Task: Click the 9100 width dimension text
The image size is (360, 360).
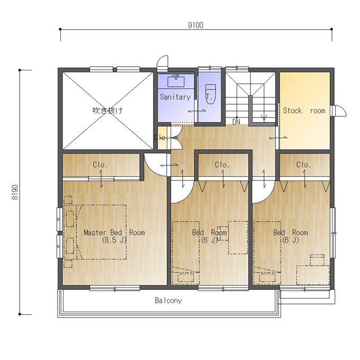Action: coord(195,25)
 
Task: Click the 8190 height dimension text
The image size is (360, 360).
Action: coord(15,192)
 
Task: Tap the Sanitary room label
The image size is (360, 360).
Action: coord(175,97)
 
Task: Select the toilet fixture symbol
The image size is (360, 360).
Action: coord(211,94)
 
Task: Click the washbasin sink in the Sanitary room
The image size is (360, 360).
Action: coord(176,80)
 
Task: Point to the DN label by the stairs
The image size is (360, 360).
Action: coord(236,122)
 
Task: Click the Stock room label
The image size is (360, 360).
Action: coord(304,111)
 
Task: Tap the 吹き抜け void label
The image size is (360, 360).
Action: coord(107,111)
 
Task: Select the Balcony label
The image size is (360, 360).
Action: coord(168,300)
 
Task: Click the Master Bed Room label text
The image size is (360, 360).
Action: coord(114,232)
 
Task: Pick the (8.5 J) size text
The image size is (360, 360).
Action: coord(114,240)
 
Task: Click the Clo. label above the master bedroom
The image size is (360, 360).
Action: coord(100,165)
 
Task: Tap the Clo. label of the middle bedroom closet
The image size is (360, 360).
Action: coord(222,165)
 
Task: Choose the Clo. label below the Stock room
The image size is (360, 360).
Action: coord(303,165)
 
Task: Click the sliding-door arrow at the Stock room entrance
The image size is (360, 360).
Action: coord(278,138)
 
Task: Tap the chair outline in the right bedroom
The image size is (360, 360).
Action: coord(317,259)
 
